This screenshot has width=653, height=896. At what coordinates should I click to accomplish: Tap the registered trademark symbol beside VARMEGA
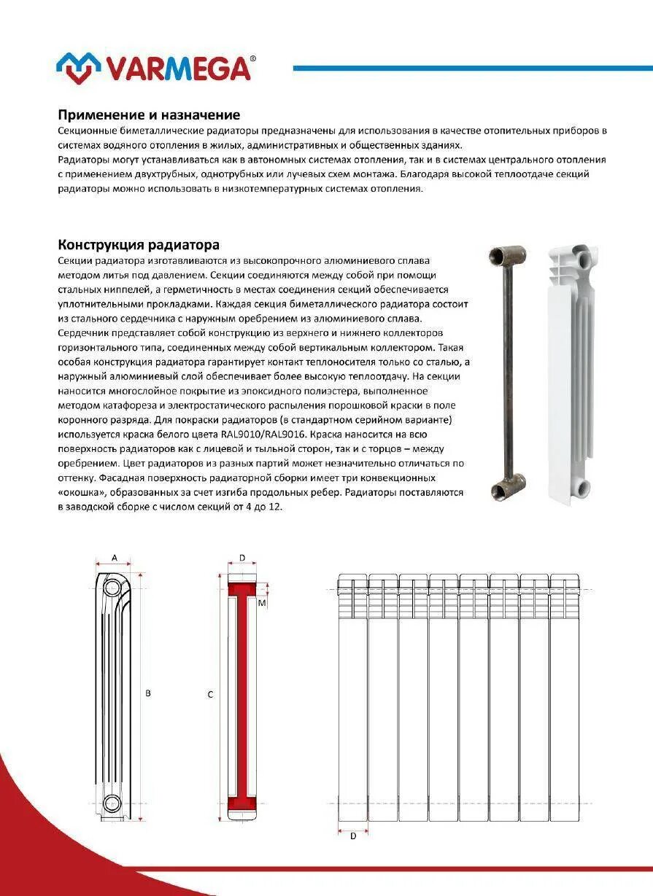tap(252, 58)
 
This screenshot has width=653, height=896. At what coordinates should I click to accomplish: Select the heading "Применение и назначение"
tap(149, 115)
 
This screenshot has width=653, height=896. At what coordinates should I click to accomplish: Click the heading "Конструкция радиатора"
tap(139, 245)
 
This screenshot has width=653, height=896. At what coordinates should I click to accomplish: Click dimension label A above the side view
tap(115, 557)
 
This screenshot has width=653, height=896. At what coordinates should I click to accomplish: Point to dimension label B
tap(148, 693)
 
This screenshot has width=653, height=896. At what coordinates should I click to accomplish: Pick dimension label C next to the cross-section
tap(210, 695)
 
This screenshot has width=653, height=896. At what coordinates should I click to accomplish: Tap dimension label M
tap(260, 603)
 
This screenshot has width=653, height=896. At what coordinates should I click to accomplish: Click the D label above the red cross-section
tap(242, 558)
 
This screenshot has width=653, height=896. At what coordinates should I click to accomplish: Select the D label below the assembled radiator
tap(353, 836)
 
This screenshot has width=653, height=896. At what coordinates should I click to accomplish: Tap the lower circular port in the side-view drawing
tap(112, 803)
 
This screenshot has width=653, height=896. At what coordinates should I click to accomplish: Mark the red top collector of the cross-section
tap(242, 588)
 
